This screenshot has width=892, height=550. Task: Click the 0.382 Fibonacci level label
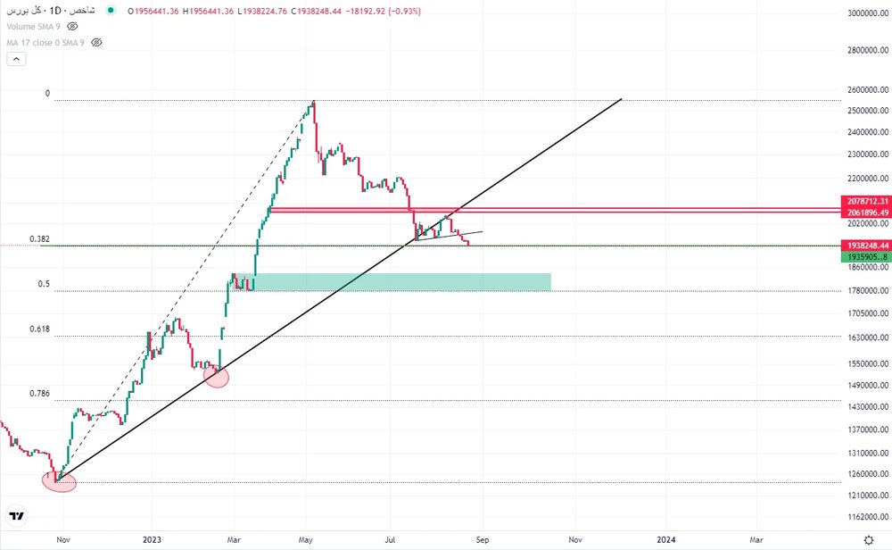click(39, 239)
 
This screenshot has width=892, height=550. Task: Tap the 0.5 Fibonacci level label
click(44, 284)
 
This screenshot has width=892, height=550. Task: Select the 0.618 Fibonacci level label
click(39, 329)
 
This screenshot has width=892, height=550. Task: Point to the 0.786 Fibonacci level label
click(39, 394)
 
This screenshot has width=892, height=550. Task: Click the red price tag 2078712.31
click(865, 202)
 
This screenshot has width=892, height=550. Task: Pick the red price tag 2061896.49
click(865, 213)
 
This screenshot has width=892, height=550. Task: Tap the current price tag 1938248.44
click(865, 245)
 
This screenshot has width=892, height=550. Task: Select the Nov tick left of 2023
click(62, 539)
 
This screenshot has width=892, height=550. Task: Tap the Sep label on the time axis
click(482, 539)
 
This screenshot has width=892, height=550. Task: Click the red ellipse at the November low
click(59, 482)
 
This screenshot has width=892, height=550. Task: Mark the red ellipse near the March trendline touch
click(217, 376)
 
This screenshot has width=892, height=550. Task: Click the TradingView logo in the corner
click(16, 516)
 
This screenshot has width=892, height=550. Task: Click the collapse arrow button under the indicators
click(16, 59)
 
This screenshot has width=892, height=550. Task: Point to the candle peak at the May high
click(313, 103)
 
